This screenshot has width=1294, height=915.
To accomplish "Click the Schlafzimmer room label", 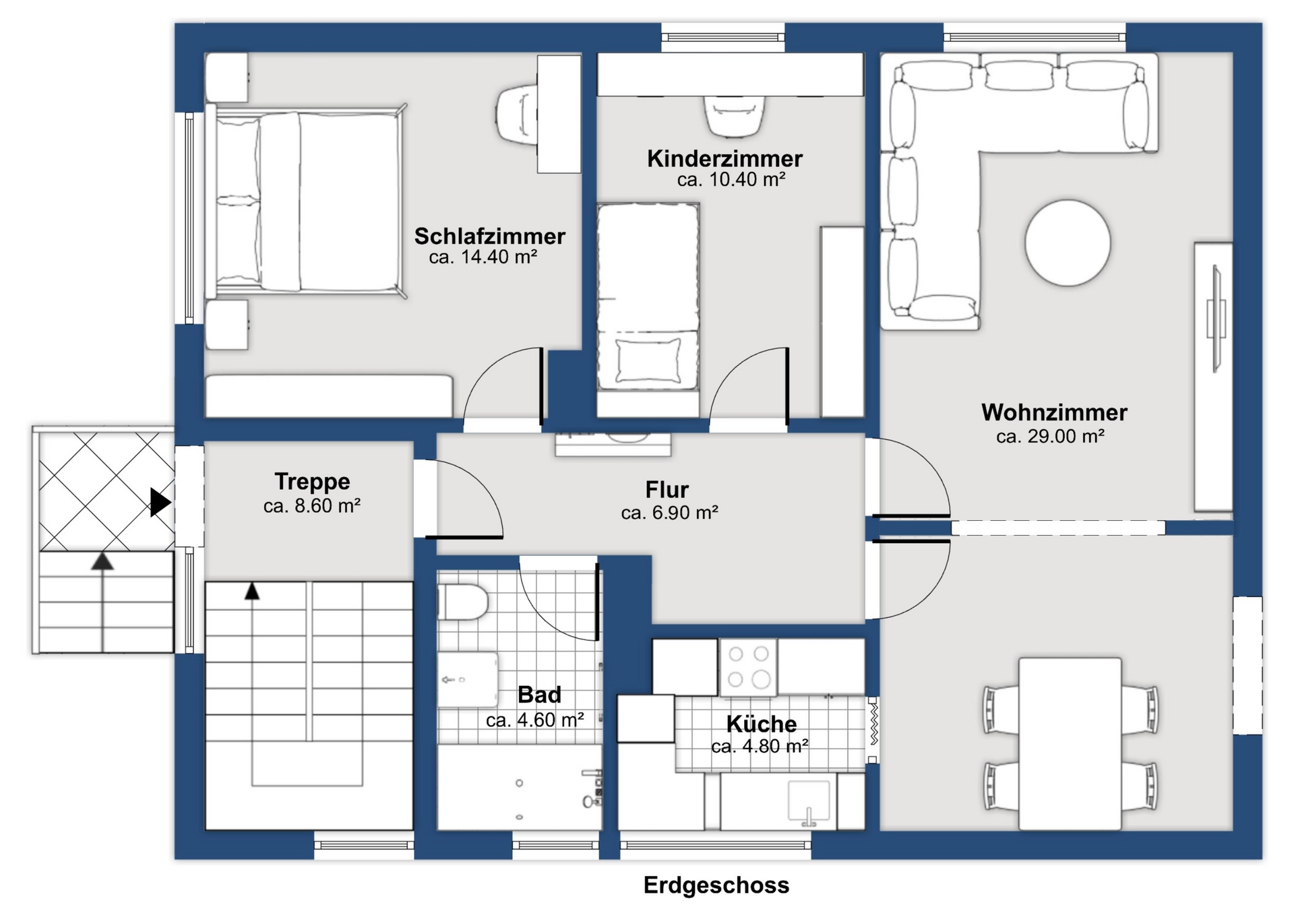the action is coord(489,236).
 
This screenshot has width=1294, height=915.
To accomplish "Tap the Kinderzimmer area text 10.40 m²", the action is coord(731,180).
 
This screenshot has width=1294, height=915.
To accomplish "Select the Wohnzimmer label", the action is coord(1054,412).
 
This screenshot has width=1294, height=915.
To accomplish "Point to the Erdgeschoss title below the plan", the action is coord(716,885).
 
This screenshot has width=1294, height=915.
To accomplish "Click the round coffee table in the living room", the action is coord(1068,243).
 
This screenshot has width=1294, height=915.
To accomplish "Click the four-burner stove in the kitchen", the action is coord(748,667).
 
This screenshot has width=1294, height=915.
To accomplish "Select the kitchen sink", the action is coord(809,802).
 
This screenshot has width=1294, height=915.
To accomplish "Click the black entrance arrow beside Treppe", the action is coord(160,503).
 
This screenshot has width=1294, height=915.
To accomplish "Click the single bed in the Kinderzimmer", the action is coord(648,297).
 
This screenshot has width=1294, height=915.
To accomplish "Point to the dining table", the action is coord(1070,744).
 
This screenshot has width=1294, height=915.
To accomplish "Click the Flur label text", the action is coord(667,489).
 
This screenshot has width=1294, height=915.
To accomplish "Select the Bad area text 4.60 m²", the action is coord(534,720).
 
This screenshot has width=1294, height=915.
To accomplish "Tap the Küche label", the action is coord(762,724).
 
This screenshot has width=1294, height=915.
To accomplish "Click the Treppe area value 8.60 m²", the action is coord(312,506).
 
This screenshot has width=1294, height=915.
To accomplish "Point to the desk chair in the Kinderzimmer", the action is coord(735,116).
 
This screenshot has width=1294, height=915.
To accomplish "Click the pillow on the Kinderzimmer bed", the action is coord(648,360).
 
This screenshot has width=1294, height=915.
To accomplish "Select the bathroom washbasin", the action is coord(467,679).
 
